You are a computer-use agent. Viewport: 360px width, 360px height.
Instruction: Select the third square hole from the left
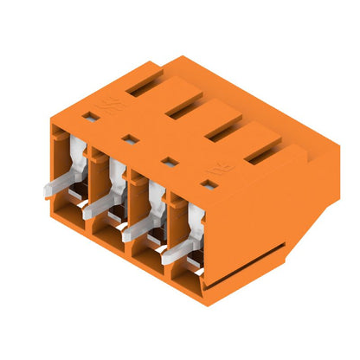coord(170,160)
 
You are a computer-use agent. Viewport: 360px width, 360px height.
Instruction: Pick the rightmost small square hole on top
coord(209,183)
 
